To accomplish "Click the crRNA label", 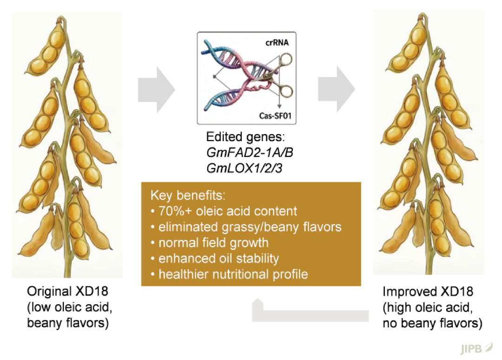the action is click(x=277, y=43).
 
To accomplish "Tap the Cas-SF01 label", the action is click(x=275, y=116).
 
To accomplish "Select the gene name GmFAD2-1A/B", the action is click(x=250, y=153).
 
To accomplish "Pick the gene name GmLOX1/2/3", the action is click(x=244, y=168).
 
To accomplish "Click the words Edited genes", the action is click(x=245, y=137).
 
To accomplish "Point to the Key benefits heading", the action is click(x=188, y=195).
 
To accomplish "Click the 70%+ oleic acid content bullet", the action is click(x=224, y=211).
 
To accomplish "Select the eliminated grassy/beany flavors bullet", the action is click(x=246, y=227).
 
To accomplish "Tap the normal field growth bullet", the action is click(x=209, y=242).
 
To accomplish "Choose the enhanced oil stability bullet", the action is click(x=215, y=259).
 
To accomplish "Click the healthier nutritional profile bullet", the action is click(x=229, y=274).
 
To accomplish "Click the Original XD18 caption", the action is click(x=67, y=291).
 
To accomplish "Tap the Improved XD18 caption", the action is click(x=428, y=292).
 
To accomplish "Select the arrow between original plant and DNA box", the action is click(x=157, y=90).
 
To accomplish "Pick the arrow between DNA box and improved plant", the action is click(x=337, y=89).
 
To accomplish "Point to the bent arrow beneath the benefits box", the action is click(x=310, y=316).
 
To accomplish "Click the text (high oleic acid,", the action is click(x=428, y=308).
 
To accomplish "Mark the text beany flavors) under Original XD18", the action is click(x=68, y=323).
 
